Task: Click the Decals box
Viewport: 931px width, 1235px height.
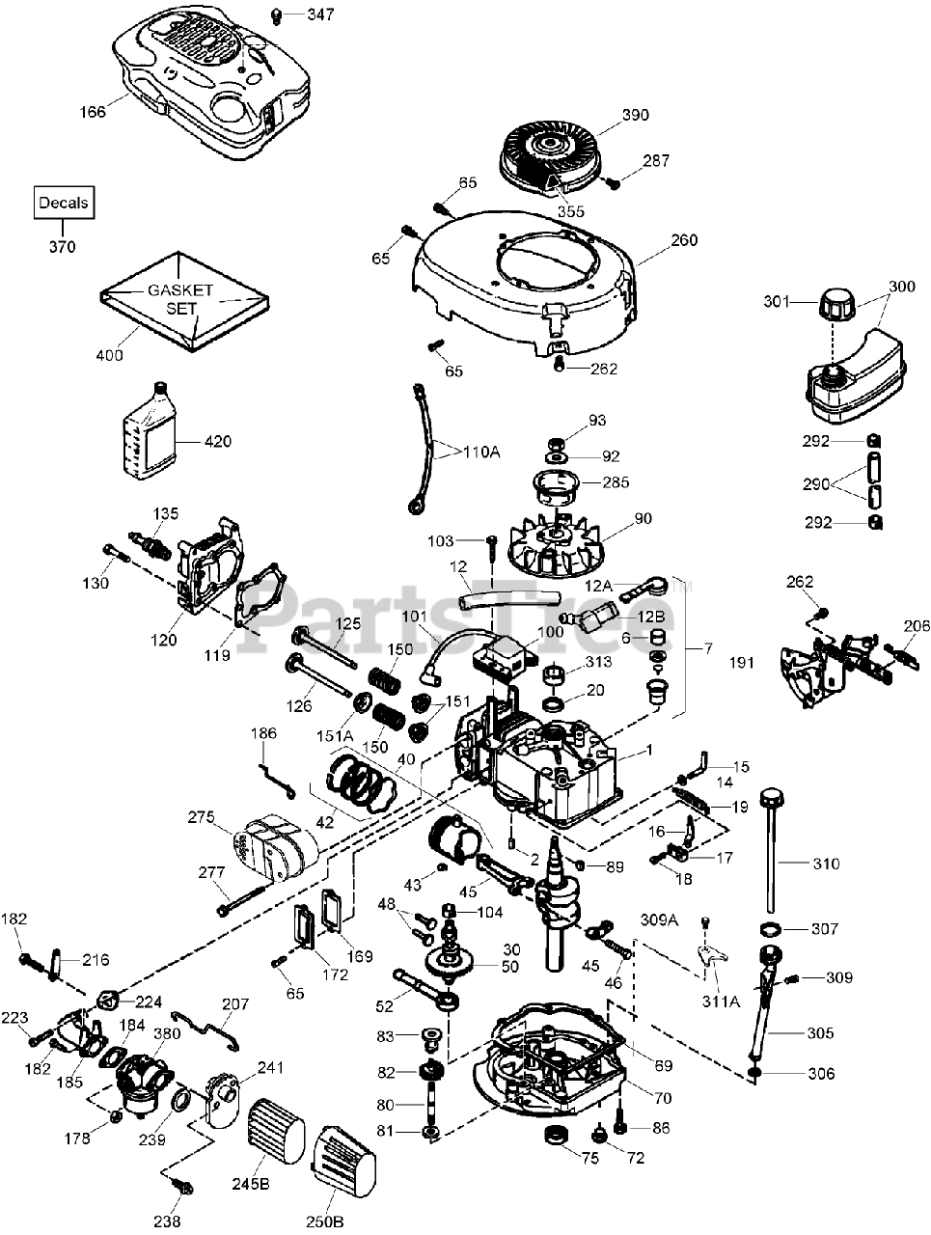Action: click(x=64, y=204)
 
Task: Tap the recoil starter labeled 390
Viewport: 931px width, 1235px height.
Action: click(x=546, y=152)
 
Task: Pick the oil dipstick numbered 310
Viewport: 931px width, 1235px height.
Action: click(x=771, y=849)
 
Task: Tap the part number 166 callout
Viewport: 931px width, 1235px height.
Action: click(x=94, y=113)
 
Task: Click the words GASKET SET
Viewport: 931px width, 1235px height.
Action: click(x=179, y=299)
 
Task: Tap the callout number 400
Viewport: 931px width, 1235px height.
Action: click(x=110, y=355)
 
